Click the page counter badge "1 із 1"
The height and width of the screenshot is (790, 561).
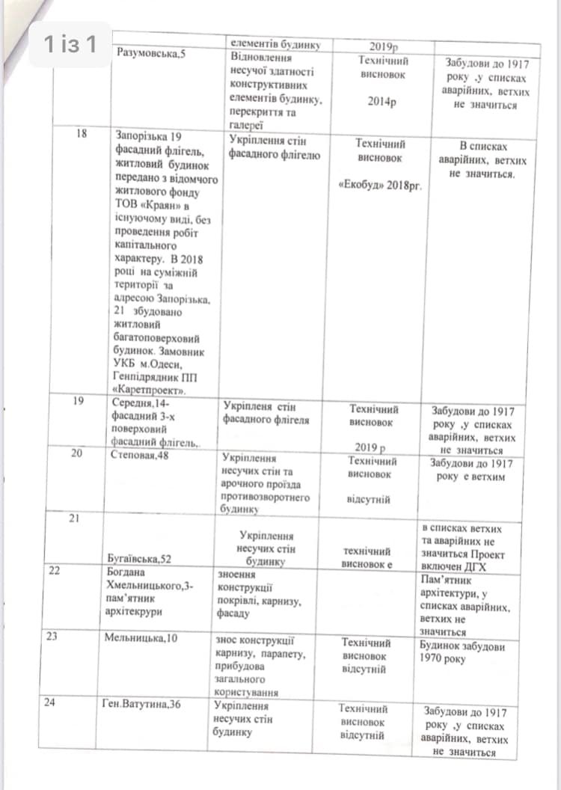click(70, 45)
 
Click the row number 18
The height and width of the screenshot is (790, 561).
click(82, 134)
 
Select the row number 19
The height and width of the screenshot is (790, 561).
click(79, 401)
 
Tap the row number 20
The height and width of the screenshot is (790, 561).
click(77, 453)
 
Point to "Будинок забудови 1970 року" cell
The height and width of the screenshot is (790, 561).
click(463, 652)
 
